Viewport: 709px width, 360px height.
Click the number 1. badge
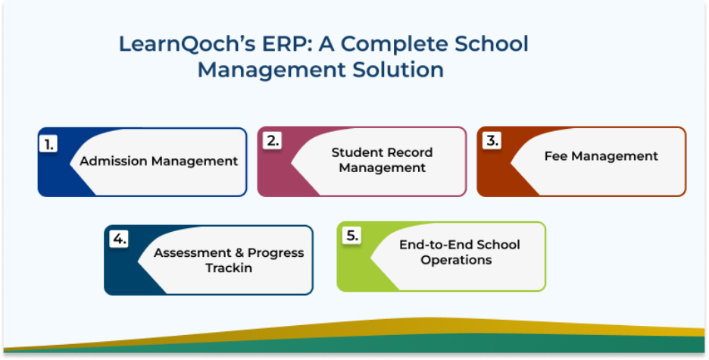pos(48,144)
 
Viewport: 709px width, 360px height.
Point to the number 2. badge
pos(272,141)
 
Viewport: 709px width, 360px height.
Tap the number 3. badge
pos(492,141)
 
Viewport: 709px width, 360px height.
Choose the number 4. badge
pos(118,239)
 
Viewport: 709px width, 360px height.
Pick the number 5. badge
pos(351,236)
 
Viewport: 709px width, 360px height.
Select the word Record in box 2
pos(411,152)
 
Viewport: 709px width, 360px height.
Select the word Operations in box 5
pos(456,261)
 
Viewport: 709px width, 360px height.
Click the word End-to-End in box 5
pos(436,245)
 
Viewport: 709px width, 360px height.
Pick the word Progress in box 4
pos(276,253)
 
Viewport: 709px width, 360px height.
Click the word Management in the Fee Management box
pos(614,156)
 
